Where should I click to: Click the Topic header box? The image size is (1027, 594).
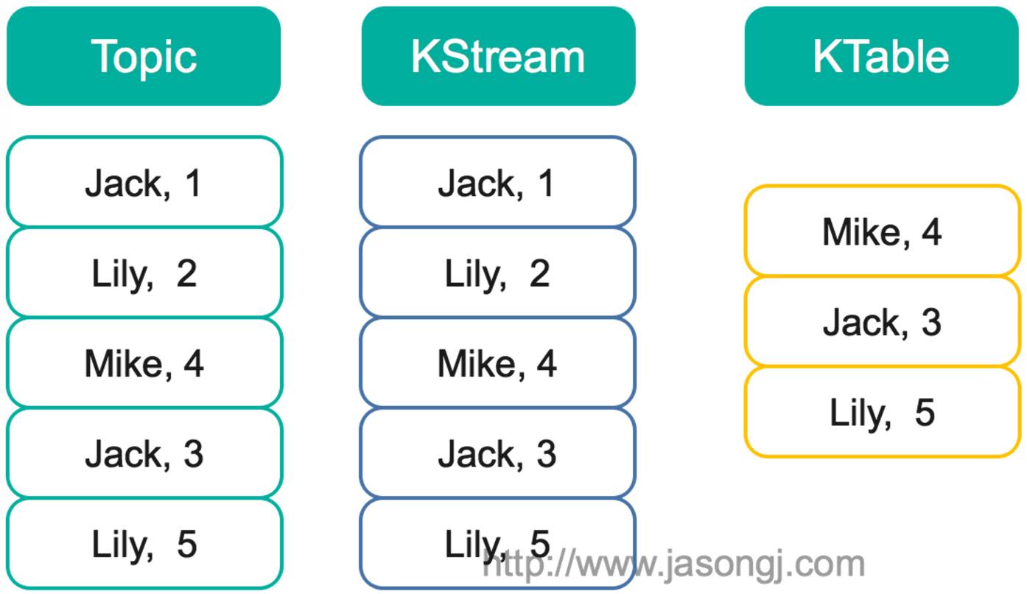coord(144,56)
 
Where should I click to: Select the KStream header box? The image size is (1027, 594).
coord(498,56)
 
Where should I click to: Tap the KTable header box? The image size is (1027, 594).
coord(881,56)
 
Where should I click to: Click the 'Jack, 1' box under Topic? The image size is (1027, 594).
coord(144,182)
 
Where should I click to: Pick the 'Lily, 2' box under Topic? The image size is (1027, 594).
coord(144,273)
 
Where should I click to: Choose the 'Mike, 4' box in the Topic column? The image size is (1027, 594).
coord(144,363)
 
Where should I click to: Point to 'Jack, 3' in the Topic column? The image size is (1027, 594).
coord(144,453)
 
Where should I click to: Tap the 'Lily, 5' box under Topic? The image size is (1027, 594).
coord(144,544)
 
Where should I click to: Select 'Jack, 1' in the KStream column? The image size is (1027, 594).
coord(497,182)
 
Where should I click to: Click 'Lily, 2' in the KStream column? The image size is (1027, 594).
coord(497,273)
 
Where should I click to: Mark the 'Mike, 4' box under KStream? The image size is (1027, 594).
coord(497,363)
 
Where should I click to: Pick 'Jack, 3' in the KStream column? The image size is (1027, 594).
coord(497,453)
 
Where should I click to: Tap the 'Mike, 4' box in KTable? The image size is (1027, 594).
coord(882,231)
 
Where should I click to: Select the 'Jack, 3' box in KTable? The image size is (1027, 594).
coord(882,321)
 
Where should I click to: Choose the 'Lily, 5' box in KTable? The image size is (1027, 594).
coord(882,412)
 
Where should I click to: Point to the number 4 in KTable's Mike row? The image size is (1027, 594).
coord(931,231)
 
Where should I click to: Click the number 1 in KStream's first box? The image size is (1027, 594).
coord(546,182)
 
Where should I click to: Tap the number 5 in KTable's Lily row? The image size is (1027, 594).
coord(925,412)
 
